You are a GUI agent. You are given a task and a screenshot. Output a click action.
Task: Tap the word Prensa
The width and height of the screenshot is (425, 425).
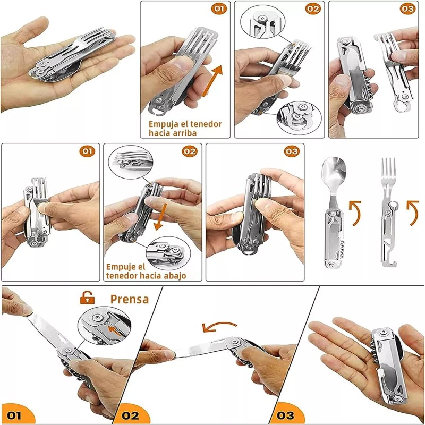pos(129,299)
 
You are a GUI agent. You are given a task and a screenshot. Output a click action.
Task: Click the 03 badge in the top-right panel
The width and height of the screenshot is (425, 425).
pos(407,9)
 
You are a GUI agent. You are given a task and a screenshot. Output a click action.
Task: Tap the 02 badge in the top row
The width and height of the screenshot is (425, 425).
pos(313,9)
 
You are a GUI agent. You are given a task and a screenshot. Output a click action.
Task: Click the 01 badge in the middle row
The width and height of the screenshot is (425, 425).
pos(87,151)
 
